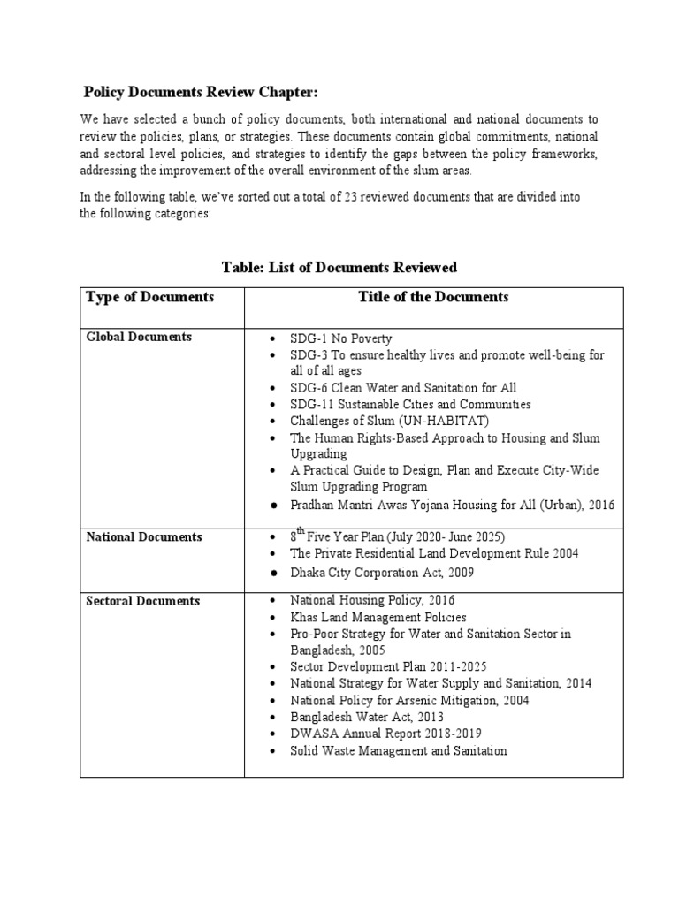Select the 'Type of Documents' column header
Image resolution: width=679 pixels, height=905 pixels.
(x=149, y=297)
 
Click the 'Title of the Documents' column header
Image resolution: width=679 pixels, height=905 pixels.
(x=433, y=297)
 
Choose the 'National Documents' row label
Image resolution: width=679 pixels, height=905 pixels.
(x=143, y=536)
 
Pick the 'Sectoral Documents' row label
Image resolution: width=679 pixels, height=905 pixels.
(x=142, y=601)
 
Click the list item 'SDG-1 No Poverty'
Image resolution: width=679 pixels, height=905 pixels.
(x=340, y=338)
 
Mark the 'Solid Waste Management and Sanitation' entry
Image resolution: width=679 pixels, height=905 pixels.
(x=398, y=750)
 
